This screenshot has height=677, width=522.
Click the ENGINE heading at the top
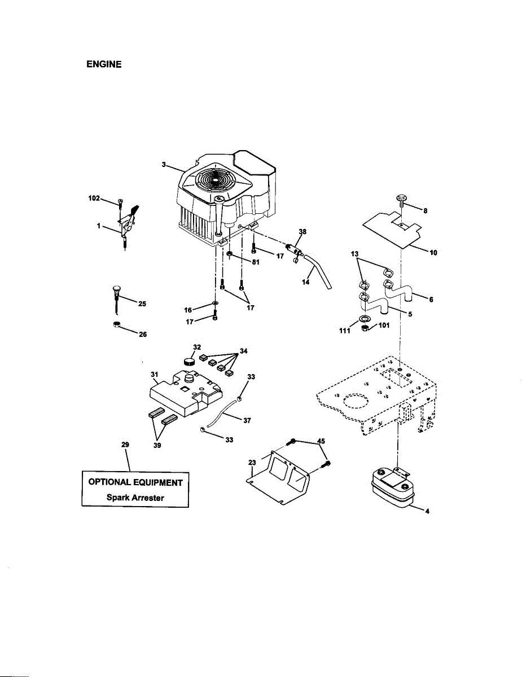pos(104,64)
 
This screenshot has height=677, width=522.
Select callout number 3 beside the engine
pos(164,164)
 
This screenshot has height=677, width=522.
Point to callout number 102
pos(94,198)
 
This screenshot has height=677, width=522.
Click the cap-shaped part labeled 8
pos(401,199)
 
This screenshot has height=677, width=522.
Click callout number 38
pos(302,232)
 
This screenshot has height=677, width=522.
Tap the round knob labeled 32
pos(189,361)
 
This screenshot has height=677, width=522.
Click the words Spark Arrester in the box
pos(135,498)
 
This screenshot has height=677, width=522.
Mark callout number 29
pos(125,445)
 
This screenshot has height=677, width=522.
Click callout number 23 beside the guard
pos(252,463)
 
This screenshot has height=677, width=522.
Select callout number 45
pos(321,441)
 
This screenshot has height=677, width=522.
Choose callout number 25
pos(142,304)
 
